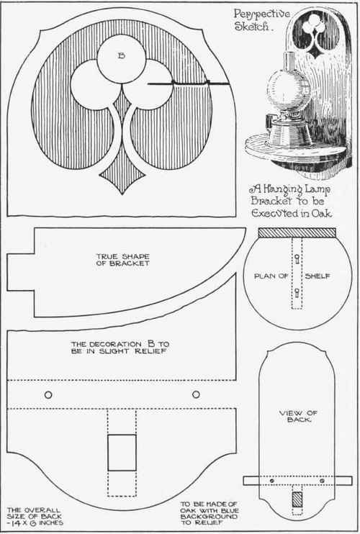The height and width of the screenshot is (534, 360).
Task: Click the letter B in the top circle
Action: (121, 56)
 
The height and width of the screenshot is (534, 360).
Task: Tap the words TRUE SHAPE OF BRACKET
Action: (122, 260)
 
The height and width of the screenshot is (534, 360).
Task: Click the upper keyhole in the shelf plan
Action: (297, 258)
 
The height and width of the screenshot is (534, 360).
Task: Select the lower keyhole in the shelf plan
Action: (297, 292)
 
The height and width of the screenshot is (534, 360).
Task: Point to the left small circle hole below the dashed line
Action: (48, 394)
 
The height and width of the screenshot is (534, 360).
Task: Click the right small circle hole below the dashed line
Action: (196, 394)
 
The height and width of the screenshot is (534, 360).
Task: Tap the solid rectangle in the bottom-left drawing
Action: (122, 453)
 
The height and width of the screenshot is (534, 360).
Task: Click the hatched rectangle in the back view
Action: (297, 499)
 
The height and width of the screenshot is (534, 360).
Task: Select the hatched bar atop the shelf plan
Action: (297, 233)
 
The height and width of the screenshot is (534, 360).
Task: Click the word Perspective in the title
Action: (261, 14)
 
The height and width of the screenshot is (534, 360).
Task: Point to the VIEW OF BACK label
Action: (298, 416)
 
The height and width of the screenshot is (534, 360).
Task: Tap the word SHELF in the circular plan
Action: (318, 276)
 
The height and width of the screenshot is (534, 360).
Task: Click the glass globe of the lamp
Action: (289, 89)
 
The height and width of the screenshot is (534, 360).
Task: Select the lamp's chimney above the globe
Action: (289, 60)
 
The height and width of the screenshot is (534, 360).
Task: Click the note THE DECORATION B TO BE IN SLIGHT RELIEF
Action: (120, 348)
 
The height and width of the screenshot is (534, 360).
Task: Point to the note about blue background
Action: (210, 513)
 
